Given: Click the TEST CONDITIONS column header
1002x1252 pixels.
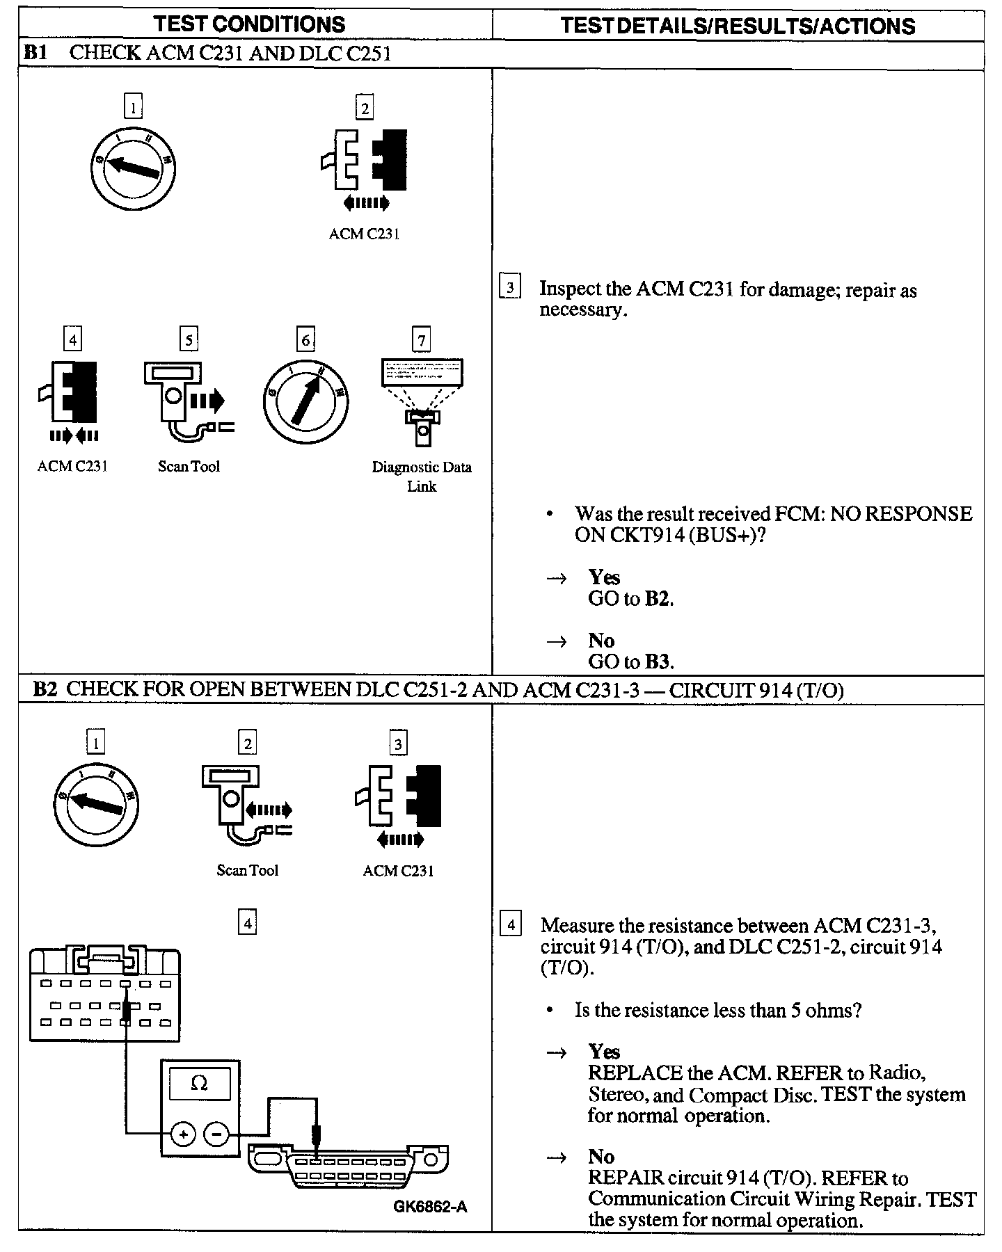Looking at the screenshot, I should (x=250, y=24).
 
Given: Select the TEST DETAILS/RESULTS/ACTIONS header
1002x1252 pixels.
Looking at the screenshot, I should (x=738, y=26).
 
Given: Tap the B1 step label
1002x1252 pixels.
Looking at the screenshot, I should (x=35, y=54).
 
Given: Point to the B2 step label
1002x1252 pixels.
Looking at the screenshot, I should (x=45, y=689).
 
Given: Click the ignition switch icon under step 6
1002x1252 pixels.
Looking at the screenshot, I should (x=305, y=402).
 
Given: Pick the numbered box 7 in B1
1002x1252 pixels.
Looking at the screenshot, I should (x=422, y=340).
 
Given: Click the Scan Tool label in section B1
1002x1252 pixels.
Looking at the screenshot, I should (x=189, y=467).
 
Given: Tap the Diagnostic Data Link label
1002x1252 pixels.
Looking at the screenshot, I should (x=422, y=476).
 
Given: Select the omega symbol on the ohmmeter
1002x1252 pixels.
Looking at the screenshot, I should (x=199, y=1083).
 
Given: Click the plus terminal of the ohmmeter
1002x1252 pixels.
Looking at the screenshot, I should (x=183, y=1135).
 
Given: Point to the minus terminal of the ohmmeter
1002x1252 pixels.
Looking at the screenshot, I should (x=216, y=1135).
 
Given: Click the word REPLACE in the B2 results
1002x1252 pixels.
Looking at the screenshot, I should (x=634, y=1073).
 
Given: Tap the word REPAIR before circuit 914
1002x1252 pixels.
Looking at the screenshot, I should (x=626, y=1178).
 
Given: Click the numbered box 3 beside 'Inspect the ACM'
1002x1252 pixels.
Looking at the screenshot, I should (x=511, y=287).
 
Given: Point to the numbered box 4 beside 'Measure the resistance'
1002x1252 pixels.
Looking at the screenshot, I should (x=511, y=925).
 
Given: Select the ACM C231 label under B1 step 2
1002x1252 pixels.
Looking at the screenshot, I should (x=364, y=234).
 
